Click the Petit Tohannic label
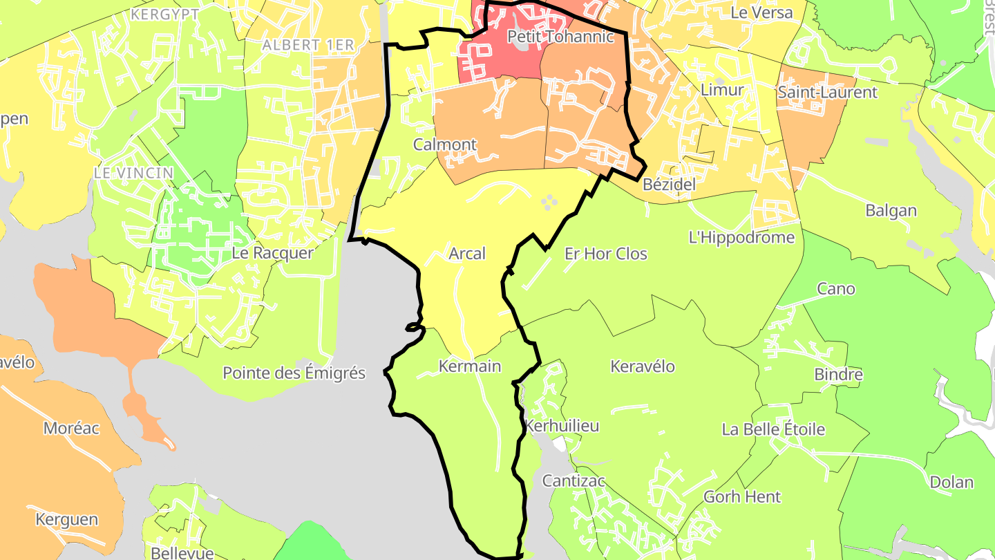(560, 37)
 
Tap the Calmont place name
(445, 144)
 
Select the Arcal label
(467, 254)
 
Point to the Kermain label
(469, 366)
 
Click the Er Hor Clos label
(606, 254)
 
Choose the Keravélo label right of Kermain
(643, 366)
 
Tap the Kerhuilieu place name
(562, 426)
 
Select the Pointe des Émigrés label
(294, 373)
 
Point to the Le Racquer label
(272, 253)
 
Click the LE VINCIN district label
(134, 173)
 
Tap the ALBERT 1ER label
(308, 45)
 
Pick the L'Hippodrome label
(742, 238)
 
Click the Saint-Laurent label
(827, 92)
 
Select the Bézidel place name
(669, 185)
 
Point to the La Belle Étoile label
(773, 429)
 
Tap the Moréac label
(71, 428)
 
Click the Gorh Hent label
(742, 496)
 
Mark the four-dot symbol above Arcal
(549, 202)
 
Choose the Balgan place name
(891, 211)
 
